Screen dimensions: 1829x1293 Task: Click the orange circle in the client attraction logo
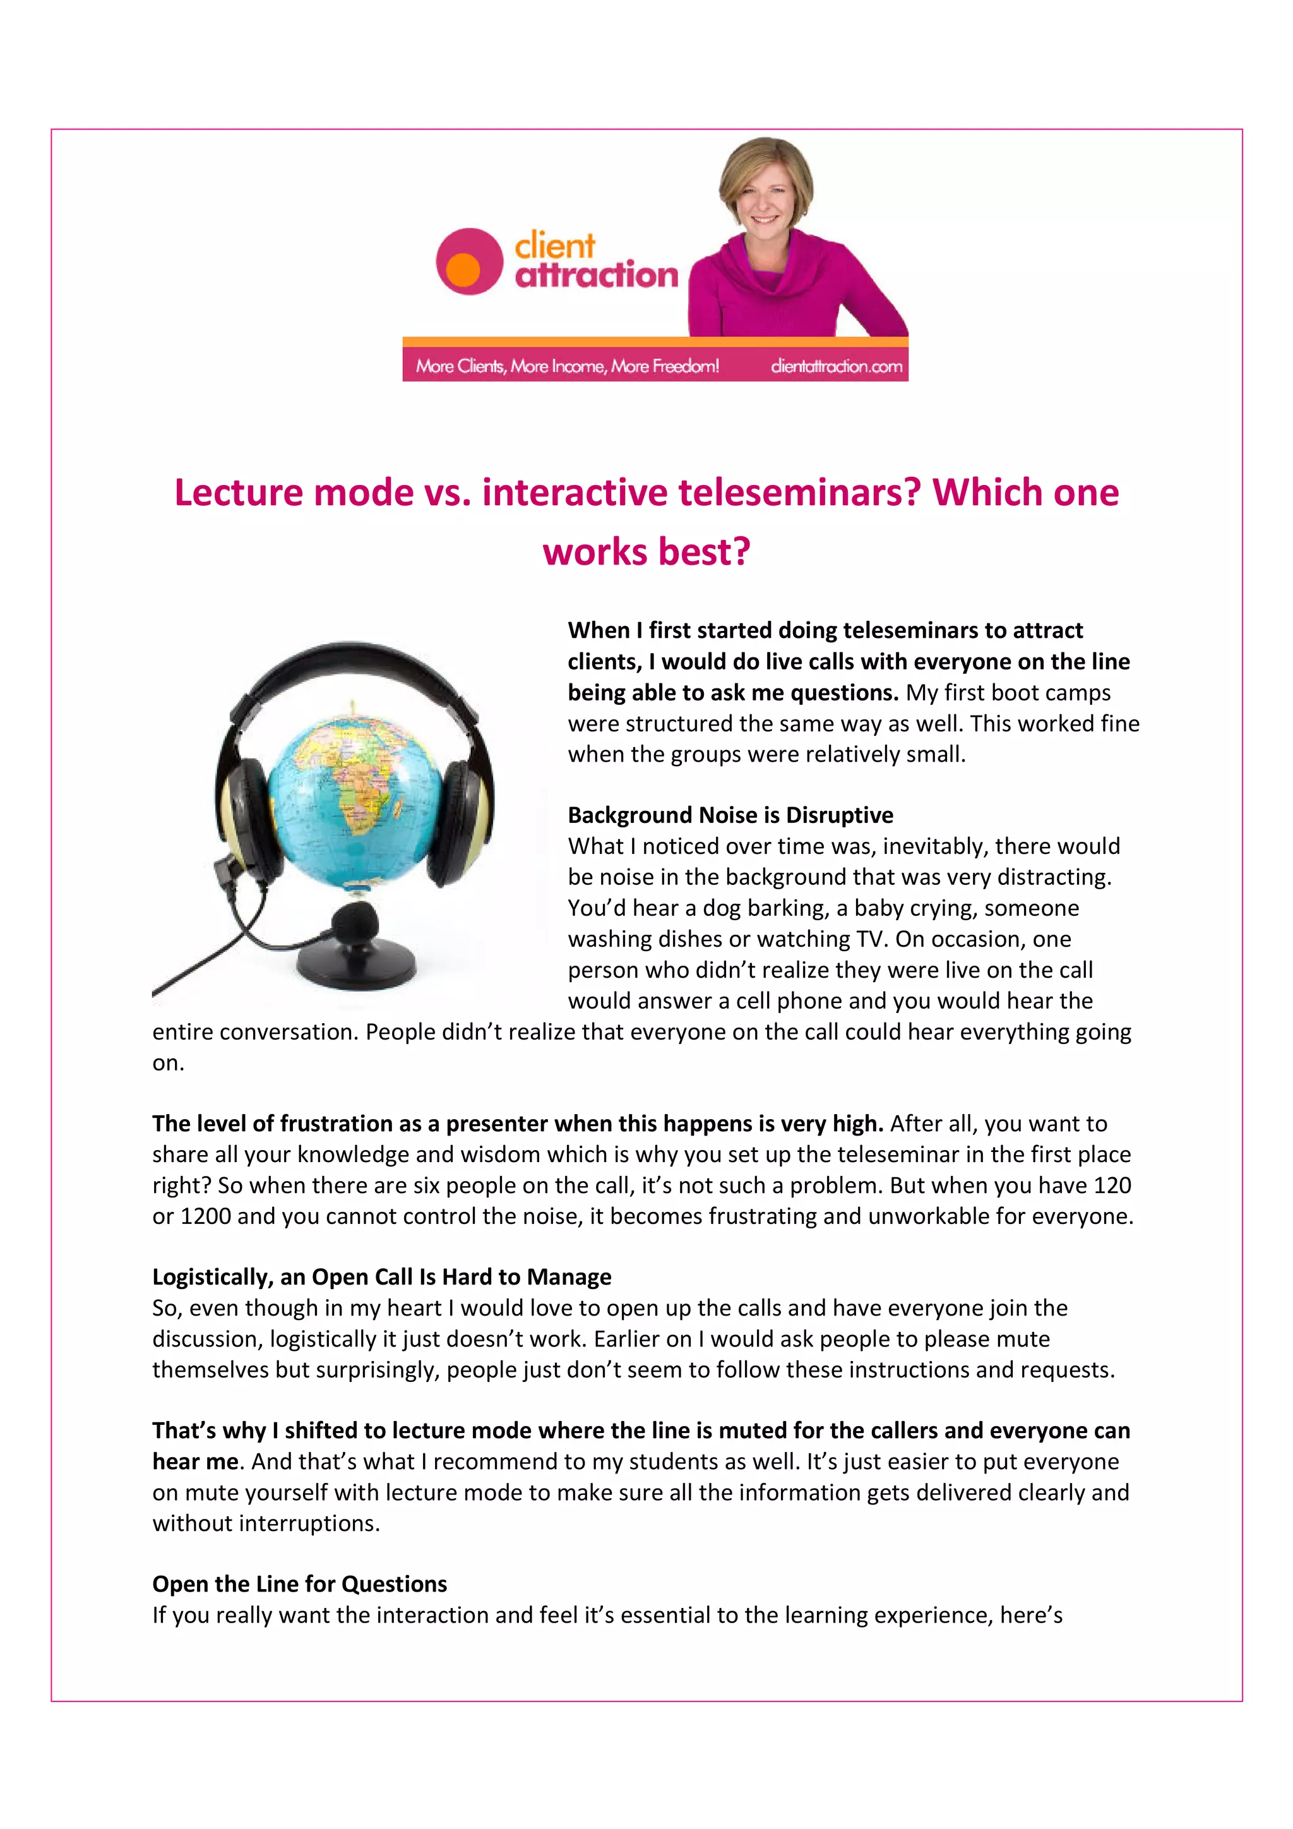pyautogui.click(x=463, y=269)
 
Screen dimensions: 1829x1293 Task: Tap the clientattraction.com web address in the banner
pyautogui.click(x=836, y=366)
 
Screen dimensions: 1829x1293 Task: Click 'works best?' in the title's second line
pyautogui.click(x=646, y=551)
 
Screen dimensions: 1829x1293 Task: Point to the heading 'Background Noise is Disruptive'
pyautogui.click(x=730, y=815)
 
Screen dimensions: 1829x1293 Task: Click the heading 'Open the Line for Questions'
pyautogui.click(x=299, y=1584)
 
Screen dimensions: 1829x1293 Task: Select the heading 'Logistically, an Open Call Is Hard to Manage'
pyautogui.click(x=381, y=1277)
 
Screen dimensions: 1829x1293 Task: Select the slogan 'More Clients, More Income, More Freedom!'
pyautogui.click(x=567, y=366)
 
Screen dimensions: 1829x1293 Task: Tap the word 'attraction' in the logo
pyautogui.click(x=597, y=275)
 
